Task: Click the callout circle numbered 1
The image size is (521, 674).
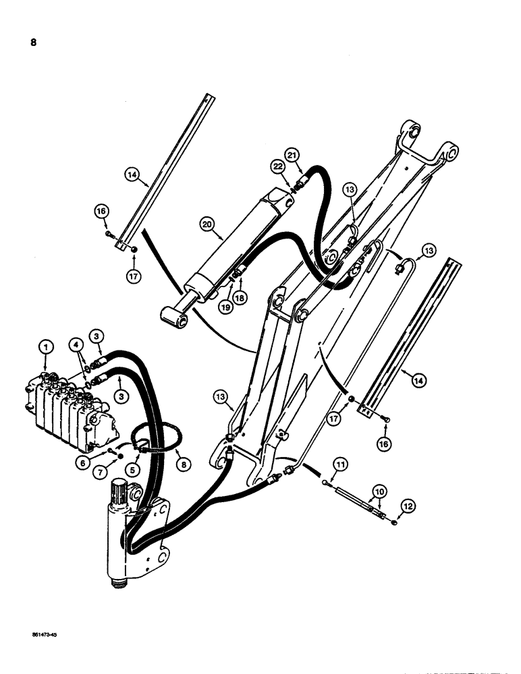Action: (46, 346)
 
